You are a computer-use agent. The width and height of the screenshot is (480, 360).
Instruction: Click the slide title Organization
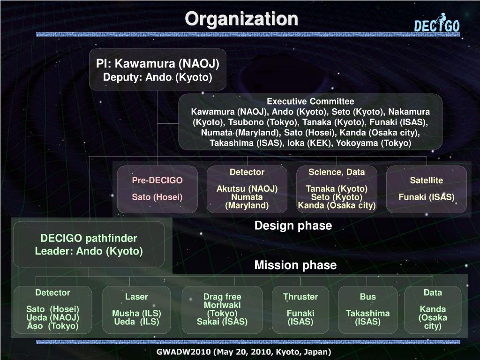[x=241, y=19]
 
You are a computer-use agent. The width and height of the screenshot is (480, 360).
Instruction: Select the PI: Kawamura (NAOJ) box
[x=157, y=69]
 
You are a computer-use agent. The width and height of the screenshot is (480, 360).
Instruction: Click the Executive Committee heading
[x=310, y=101]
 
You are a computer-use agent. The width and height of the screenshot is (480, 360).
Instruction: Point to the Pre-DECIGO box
[x=157, y=189]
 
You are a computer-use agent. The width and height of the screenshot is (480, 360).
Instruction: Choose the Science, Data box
[x=337, y=189]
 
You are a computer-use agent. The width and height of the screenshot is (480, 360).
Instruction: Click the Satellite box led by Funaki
[x=427, y=189]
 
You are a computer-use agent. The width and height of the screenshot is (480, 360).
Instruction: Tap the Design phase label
[x=293, y=226]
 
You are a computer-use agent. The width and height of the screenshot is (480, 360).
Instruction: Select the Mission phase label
[x=295, y=265]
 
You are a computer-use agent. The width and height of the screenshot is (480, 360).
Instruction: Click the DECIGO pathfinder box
[x=89, y=244]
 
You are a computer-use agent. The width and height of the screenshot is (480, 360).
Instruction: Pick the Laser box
[x=136, y=309]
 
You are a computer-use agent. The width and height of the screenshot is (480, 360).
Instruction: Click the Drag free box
[x=222, y=309]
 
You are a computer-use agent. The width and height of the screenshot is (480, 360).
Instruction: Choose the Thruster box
[x=300, y=309]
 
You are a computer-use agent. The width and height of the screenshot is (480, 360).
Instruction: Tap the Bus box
[x=367, y=309]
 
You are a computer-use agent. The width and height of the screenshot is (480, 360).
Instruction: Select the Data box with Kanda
[x=433, y=309]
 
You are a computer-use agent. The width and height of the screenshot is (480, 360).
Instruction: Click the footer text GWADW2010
[x=244, y=352]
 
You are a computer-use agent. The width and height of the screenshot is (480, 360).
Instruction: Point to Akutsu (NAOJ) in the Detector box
[x=247, y=188]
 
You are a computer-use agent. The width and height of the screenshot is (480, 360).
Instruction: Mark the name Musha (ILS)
[x=136, y=313]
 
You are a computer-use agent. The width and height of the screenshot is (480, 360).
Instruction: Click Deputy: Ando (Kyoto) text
[x=157, y=77]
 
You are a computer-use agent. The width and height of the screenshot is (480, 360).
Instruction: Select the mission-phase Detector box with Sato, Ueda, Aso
[x=52, y=309]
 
